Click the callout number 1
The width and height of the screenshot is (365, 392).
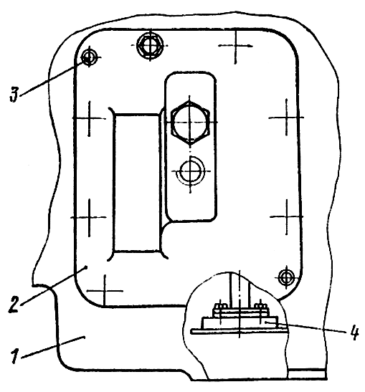point(15,356)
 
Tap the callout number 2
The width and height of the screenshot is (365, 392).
point(14,304)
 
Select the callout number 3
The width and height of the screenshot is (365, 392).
point(14,95)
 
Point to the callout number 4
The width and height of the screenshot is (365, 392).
point(354,333)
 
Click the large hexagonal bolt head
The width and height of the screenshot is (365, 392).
point(190,123)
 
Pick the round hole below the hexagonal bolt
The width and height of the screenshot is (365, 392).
point(191,171)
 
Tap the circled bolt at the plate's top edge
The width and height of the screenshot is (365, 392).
point(150,46)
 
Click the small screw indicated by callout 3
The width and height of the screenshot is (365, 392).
point(89,57)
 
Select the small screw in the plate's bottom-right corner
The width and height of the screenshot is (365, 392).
point(285,277)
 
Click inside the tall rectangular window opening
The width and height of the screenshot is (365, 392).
point(136,183)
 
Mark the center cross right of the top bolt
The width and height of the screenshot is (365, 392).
point(235,46)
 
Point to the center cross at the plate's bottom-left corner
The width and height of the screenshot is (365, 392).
point(105,291)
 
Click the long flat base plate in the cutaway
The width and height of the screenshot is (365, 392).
point(240,331)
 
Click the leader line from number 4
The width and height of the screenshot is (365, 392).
point(306,327)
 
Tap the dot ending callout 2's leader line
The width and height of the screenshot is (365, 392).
point(86,267)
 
